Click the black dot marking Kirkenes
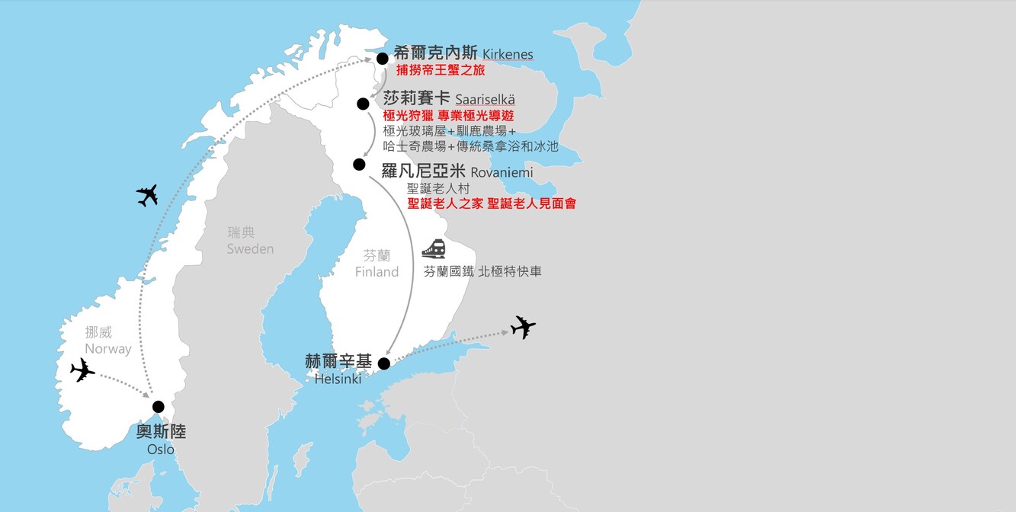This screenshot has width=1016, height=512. pos(383,59)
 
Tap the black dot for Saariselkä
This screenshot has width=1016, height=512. pos(364,104)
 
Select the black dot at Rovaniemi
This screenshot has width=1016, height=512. pos(360,164)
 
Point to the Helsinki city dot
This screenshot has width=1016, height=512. pos(384,363)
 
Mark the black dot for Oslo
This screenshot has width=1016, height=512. pos(159,406)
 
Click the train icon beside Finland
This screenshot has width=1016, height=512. pos(434,248)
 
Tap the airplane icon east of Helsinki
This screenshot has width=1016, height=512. pos(523,327)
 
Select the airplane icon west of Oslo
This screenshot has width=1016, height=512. pos(82,370)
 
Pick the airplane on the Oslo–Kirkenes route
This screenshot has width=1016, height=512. pos(147,195)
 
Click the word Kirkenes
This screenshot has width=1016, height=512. pos(508,55)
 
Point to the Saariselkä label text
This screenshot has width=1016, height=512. pos(485,99)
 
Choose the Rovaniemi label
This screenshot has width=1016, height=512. pos(502,172)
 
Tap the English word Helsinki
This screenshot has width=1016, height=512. pos(338,379)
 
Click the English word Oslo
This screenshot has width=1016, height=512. pos(160,450)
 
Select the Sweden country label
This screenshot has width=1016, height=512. pos(250,249)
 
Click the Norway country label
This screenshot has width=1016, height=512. pos(108,349)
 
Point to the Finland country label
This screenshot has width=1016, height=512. pos(377,272)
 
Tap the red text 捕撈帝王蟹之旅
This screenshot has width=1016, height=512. pos(441,70)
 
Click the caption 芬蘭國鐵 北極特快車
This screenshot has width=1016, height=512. pos(482,271)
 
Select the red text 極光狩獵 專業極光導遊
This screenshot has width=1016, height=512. pos(449,116)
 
